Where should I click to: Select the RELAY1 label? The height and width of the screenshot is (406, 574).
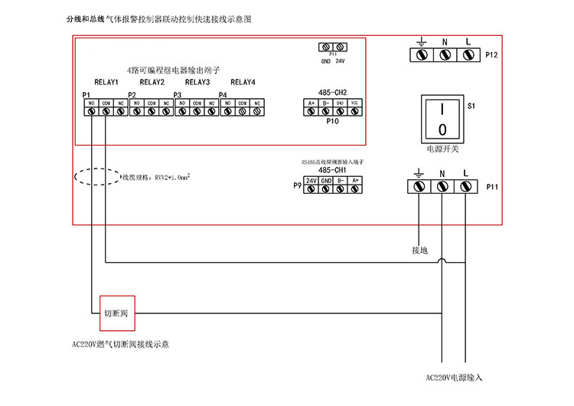click(106, 82)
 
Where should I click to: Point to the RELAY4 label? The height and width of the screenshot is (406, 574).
click(243, 82)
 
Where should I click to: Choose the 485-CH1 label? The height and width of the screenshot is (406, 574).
click(333, 170)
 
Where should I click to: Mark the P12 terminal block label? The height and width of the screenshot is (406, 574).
click(491, 56)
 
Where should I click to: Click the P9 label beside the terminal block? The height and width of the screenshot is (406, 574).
click(297, 185)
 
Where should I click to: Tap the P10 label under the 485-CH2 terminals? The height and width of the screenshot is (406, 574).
click(333, 121)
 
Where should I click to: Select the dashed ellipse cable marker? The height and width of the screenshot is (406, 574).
click(96, 176)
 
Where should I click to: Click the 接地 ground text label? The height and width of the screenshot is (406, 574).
click(419, 250)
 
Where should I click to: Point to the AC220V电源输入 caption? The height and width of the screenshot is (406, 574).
click(455, 378)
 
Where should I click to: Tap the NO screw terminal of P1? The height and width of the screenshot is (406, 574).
click(92, 111)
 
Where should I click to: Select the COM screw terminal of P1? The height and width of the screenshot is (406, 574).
click(106, 111)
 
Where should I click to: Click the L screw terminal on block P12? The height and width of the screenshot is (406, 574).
click(466, 55)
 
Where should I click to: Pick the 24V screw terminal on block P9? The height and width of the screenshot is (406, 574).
click(311, 190)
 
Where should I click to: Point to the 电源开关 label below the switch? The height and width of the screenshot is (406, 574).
click(441, 150)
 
